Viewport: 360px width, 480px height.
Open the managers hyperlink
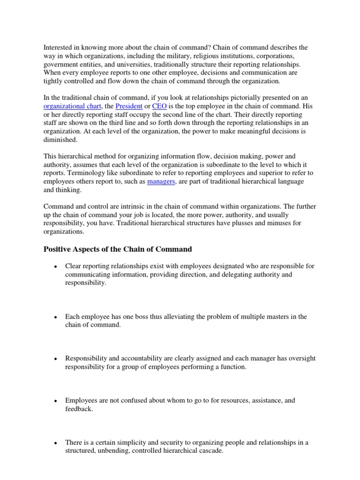point(161,181)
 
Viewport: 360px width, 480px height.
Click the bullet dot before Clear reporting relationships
point(55,267)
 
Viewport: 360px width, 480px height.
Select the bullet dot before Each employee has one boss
point(55,317)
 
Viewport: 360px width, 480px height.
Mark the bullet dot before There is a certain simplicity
point(55,443)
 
